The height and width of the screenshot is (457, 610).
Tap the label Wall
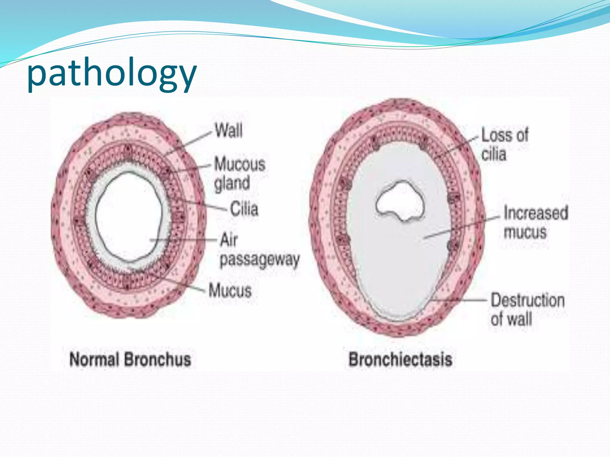[x=229, y=131]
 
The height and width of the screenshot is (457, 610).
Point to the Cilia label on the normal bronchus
[x=244, y=209]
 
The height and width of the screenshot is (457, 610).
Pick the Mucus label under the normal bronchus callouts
[x=230, y=290]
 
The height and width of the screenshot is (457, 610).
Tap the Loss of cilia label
[x=505, y=145]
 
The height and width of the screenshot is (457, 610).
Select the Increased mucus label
[x=536, y=222]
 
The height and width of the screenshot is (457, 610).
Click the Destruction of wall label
[x=527, y=309]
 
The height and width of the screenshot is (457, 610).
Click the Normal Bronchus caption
[x=130, y=359]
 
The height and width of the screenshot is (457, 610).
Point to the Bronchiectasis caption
[x=400, y=359]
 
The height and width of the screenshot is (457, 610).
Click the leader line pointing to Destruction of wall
[x=459, y=300]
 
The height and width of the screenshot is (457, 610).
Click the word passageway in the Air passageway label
[x=259, y=260]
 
